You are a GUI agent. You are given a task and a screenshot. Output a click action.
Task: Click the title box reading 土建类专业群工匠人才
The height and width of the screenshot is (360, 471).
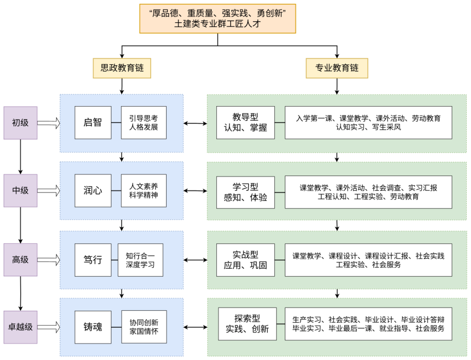(x=217, y=19)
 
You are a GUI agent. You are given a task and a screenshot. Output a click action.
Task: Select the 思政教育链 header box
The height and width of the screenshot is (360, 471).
(x=121, y=68)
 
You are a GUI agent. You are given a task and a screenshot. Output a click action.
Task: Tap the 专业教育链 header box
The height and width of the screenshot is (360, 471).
(x=337, y=68)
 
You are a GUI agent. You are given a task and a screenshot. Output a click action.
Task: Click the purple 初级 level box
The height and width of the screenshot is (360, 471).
(x=20, y=123)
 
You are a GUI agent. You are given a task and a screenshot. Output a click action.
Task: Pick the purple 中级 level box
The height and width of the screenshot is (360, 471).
(x=20, y=190)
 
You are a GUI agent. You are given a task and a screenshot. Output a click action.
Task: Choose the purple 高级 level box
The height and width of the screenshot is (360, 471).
(x=20, y=260)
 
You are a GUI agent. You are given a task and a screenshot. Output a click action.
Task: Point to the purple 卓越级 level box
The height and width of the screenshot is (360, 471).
(x=20, y=327)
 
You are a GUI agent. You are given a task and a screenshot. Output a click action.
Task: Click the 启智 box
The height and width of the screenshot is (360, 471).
(x=93, y=123)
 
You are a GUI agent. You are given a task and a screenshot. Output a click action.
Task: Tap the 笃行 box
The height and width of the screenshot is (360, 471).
(x=93, y=260)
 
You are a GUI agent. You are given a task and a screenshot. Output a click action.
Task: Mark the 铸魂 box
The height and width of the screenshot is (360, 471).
(x=93, y=327)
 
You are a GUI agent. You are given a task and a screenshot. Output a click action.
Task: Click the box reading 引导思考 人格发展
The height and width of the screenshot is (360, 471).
(x=144, y=123)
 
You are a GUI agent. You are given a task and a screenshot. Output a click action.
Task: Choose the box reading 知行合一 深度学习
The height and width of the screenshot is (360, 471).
(x=141, y=260)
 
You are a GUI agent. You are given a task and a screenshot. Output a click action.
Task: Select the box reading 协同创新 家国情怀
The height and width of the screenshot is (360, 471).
(x=144, y=327)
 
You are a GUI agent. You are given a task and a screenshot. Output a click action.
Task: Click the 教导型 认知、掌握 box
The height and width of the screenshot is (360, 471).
(x=246, y=123)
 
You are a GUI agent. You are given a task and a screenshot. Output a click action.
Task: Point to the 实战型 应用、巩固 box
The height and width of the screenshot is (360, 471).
(x=246, y=260)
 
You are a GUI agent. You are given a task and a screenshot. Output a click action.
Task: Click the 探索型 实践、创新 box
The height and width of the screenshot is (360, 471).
(x=247, y=324)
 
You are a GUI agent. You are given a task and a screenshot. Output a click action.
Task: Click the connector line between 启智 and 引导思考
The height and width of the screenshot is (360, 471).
(x=116, y=123)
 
